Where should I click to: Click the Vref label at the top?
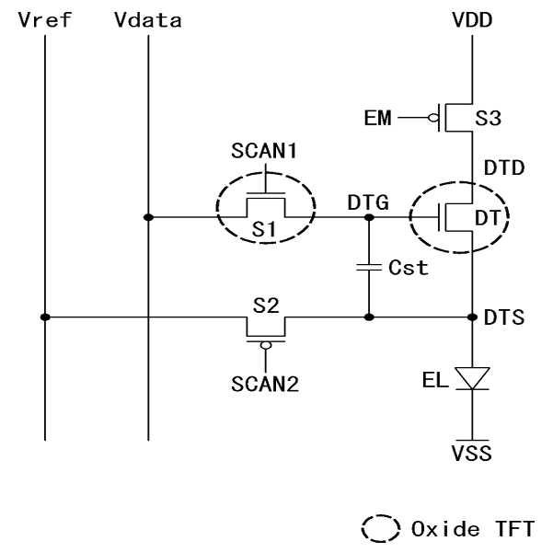coord(39,19)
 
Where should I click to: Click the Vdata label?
coord(148,19)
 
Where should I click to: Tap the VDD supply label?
coord(472,19)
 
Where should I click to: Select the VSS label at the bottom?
coord(472,453)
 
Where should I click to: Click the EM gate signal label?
coord(377,118)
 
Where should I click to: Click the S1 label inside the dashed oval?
coord(265,231)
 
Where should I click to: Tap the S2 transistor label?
coord(266,305)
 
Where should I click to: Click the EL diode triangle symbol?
coord(472,379)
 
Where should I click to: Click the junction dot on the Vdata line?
coord(148,218)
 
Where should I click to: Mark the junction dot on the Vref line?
coord(44,317)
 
